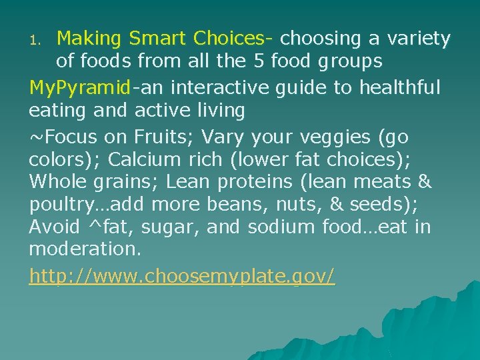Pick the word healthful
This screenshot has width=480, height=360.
coord(400,87)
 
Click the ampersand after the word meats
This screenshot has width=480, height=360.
coord(424,181)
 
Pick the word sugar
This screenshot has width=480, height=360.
coord(171,228)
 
